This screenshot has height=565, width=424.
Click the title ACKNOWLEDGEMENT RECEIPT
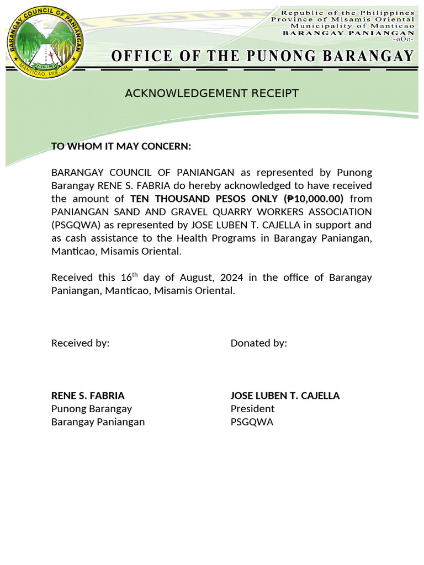211,93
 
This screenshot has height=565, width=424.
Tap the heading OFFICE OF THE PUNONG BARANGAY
262,56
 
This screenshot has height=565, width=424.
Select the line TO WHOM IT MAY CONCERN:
121,146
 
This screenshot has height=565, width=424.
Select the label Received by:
81,343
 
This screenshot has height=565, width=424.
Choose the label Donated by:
258,343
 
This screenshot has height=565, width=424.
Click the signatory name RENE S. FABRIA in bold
88,396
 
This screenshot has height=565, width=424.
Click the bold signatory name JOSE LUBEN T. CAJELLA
285,396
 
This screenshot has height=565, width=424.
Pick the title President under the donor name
252,409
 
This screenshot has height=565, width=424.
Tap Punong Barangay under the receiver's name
92,409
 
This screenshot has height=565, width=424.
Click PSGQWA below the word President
252,422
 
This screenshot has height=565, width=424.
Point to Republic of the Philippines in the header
347,13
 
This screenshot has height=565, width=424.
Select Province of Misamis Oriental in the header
342,19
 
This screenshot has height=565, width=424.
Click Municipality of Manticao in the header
352,26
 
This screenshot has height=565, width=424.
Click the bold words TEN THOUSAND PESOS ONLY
204,199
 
